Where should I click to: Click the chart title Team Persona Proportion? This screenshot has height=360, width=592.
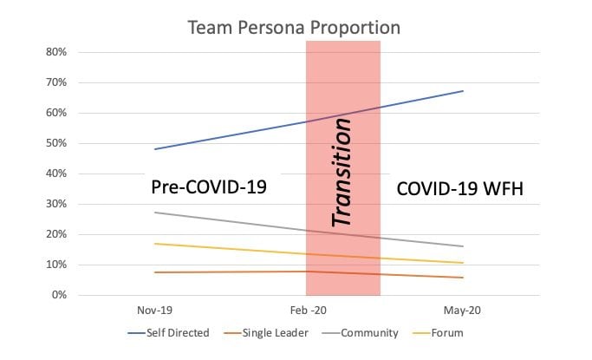295,27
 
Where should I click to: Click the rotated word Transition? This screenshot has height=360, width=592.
343,173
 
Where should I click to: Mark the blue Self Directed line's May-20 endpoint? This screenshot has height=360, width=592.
464,91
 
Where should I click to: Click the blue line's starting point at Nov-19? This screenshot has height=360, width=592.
154,149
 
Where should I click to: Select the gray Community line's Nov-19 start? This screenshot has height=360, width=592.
154,213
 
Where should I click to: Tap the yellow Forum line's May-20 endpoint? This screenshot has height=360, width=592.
464,263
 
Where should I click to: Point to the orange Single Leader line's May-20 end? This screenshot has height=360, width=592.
464,278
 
